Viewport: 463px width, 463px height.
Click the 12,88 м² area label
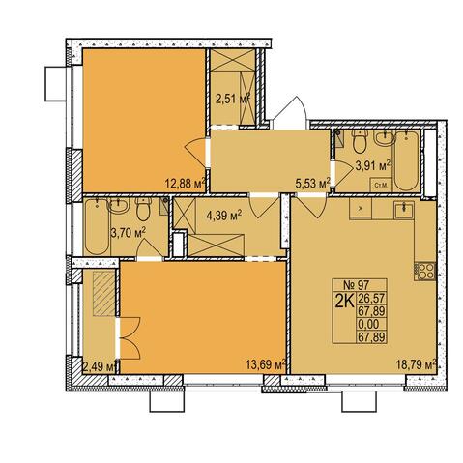(186, 184)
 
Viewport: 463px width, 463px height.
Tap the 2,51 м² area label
(233, 99)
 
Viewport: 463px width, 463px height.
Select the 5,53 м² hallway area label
(313, 184)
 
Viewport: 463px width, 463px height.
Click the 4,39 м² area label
(224, 215)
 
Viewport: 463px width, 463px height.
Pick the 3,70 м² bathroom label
(129, 233)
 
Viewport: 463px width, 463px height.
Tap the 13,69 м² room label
(266, 365)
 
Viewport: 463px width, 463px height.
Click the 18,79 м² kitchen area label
(417, 365)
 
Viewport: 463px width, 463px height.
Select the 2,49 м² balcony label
(100, 366)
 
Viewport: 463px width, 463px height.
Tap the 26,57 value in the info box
(371, 299)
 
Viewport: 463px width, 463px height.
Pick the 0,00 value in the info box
(368, 324)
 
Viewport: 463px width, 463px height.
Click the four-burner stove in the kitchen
(425, 272)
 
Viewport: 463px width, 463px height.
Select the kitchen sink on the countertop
(404, 210)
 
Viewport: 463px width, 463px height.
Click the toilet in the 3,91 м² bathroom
(359, 141)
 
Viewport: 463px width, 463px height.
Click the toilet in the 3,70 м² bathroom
(143, 209)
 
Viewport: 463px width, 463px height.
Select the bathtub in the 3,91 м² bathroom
(407, 160)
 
